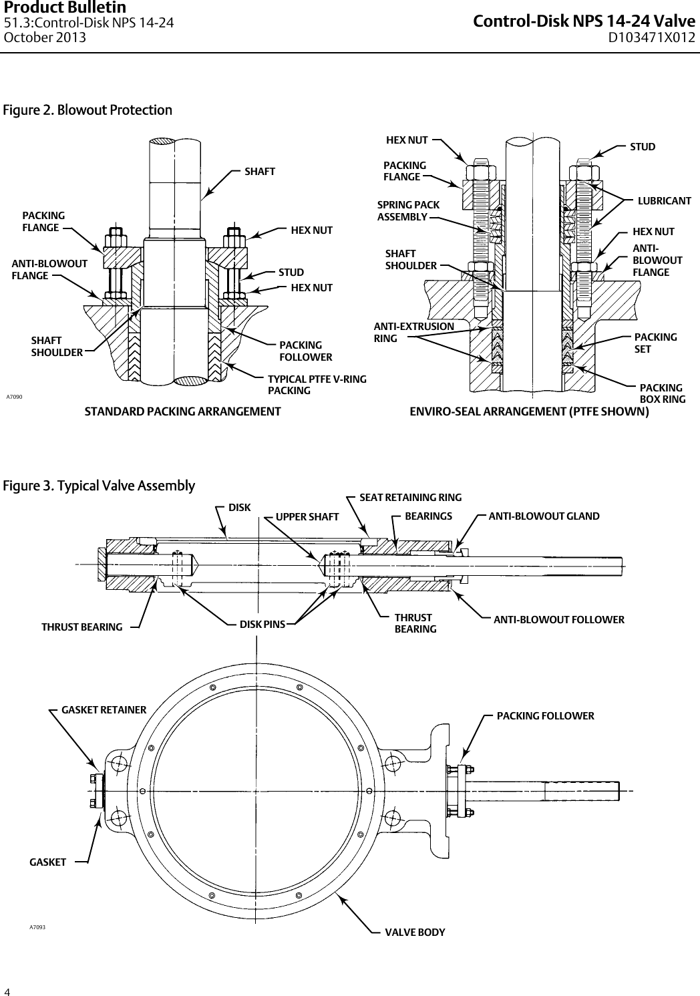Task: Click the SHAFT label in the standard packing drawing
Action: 259,172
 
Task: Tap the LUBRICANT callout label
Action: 664,200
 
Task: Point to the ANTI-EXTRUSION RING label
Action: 413,332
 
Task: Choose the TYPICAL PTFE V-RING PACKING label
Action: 317,385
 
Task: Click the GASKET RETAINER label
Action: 104,709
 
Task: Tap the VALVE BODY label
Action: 415,932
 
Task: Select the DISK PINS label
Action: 262,624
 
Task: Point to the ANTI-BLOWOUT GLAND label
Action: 544,516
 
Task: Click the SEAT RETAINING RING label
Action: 410,497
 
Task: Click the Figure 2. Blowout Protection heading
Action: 87,110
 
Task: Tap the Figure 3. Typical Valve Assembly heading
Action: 100,485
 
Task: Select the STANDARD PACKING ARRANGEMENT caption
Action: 182,411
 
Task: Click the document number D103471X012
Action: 651,37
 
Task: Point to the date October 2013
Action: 45,37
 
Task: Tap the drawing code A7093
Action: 37,927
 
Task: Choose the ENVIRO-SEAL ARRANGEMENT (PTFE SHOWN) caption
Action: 528,411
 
